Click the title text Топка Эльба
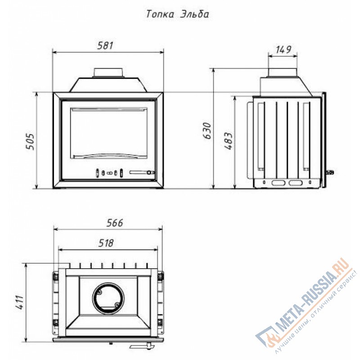pos(177,14)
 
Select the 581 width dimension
pos(105,45)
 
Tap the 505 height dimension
pos(30,141)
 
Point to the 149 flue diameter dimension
pos(283,49)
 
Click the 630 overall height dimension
pos(207,130)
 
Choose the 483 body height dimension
pos(229,141)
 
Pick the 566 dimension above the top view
pos(115,223)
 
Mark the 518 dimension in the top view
pos(106,243)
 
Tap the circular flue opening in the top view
pos(108,297)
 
